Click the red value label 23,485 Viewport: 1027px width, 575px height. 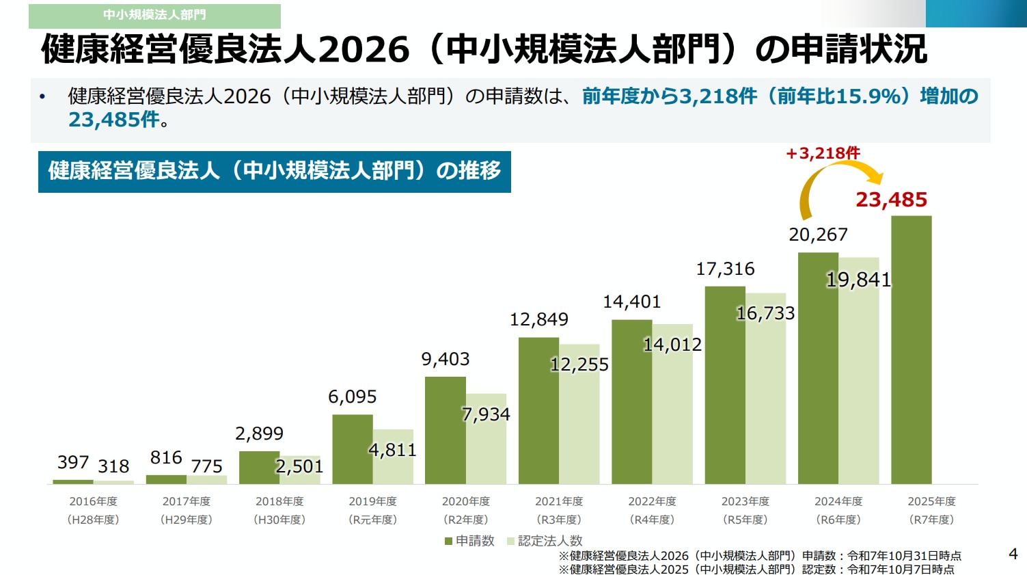coord(891,200)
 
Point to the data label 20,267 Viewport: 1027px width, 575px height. coord(818,235)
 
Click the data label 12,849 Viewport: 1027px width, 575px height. coord(538,319)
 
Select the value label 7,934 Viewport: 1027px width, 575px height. coord(486,414)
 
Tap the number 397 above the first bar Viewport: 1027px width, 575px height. coord(72,463)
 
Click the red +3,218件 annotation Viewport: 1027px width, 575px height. coord(823,153)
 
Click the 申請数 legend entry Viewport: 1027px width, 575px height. coord(469,541)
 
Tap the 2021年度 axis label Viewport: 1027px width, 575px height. coord(559,501)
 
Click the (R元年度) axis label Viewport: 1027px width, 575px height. coord(372,520)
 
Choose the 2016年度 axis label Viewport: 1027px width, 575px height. coord(93,501)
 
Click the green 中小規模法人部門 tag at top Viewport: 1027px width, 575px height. coord(154,15)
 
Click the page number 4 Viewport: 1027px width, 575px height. coord(1013,554)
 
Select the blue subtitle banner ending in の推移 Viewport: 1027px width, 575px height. coord(274,171)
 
